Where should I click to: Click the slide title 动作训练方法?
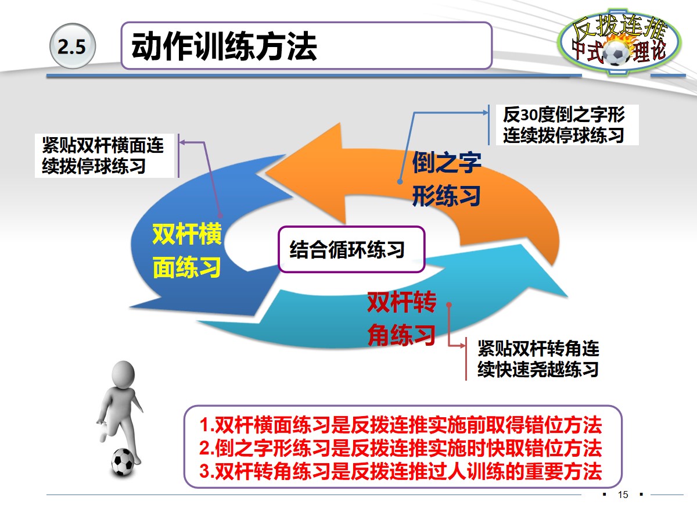(224, 47)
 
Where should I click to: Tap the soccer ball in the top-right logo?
(616, 53)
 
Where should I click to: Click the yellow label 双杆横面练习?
(186, 250)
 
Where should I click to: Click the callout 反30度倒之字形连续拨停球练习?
(563, 124)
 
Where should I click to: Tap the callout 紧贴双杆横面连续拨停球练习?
(104, 156)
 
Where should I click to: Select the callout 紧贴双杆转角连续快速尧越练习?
(538, 359)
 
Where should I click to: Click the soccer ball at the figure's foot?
(123, 461)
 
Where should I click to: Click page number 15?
(623, 495)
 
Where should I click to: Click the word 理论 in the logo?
(649, 53)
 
